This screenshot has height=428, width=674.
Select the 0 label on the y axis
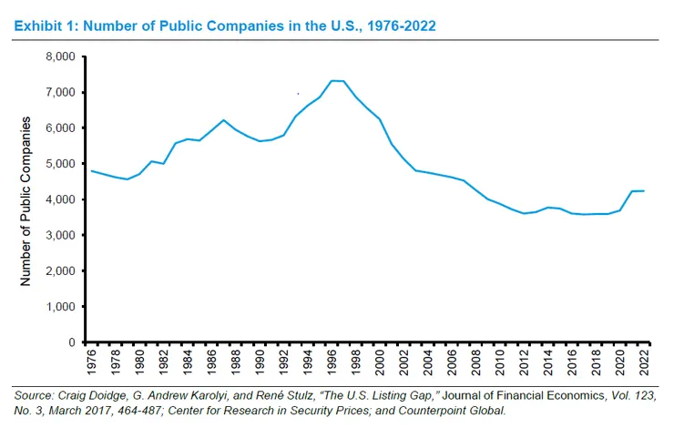click(68, 342)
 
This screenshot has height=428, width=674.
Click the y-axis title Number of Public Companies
click(26, 200)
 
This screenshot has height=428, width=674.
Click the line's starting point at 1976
click(91, 171)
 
